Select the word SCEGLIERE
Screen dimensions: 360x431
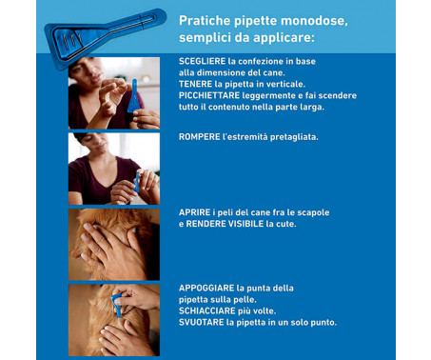pyautogui.click(x=201, y=60)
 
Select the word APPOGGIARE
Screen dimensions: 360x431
pyautogui.click(x=205, y=287)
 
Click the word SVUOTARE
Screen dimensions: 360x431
pyautogui.click(x=199, y=322)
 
